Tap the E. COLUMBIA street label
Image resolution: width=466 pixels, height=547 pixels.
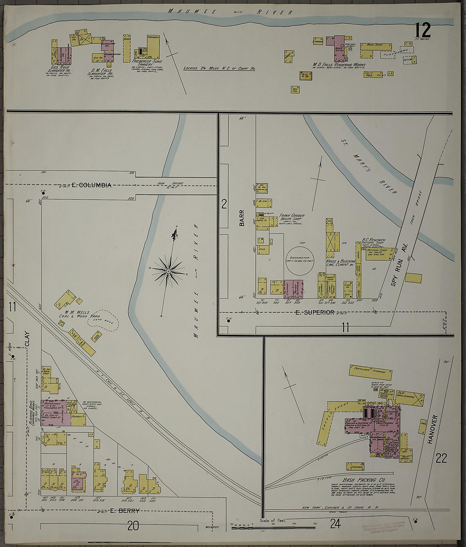tap(91, 185)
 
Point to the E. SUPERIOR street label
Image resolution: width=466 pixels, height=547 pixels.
tap(315, 312)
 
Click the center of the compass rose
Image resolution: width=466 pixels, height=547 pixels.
tap(168, 271)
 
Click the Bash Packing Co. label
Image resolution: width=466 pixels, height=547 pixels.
tap(364, 480)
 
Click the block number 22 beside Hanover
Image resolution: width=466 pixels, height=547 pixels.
tap(441, 458)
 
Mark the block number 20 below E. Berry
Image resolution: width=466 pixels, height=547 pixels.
tap(133, 526)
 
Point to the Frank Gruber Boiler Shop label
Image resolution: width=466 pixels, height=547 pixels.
tap(292, 218)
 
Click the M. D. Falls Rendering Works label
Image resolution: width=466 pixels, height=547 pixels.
tap(339, 65)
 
